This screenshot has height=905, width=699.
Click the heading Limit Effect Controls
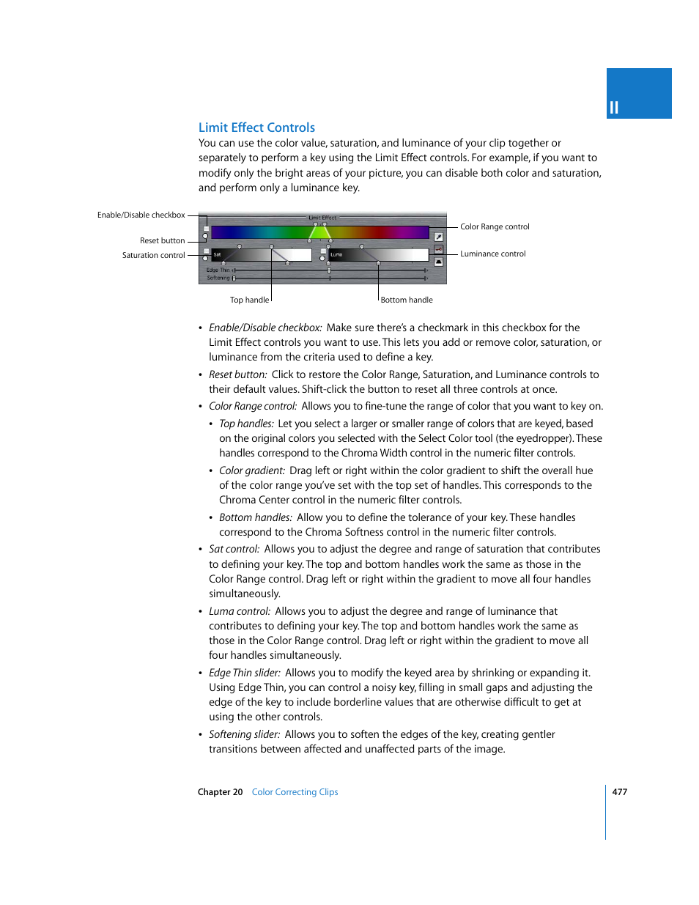pos(256,128)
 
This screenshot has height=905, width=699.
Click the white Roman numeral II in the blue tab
pos(614,108)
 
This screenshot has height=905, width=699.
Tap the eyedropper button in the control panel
pos(438,237)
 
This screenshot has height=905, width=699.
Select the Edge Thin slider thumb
pos(329,270)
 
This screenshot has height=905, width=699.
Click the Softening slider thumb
pos(234,278)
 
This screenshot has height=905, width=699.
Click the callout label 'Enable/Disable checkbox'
pos(141,215)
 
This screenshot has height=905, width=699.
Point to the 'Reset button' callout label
pos(162,240)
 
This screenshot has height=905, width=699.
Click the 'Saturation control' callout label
pos(153,255)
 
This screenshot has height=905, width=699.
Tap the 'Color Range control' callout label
pos(495,226)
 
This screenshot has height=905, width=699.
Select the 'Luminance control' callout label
pos(492,254)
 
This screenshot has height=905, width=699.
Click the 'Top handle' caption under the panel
pos(249,300)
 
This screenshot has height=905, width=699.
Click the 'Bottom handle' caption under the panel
pos(407,300)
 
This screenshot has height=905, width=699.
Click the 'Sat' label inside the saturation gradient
pos(217,254)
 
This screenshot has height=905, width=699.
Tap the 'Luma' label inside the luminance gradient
pos(336,254)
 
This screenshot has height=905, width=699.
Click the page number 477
pos(619,791)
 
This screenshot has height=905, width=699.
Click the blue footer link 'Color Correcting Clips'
pos(295,791)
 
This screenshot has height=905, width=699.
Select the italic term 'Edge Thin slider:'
pos(244,673)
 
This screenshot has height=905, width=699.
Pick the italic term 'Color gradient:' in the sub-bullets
pos(251,470)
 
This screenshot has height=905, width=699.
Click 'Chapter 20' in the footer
pos(220,791)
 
